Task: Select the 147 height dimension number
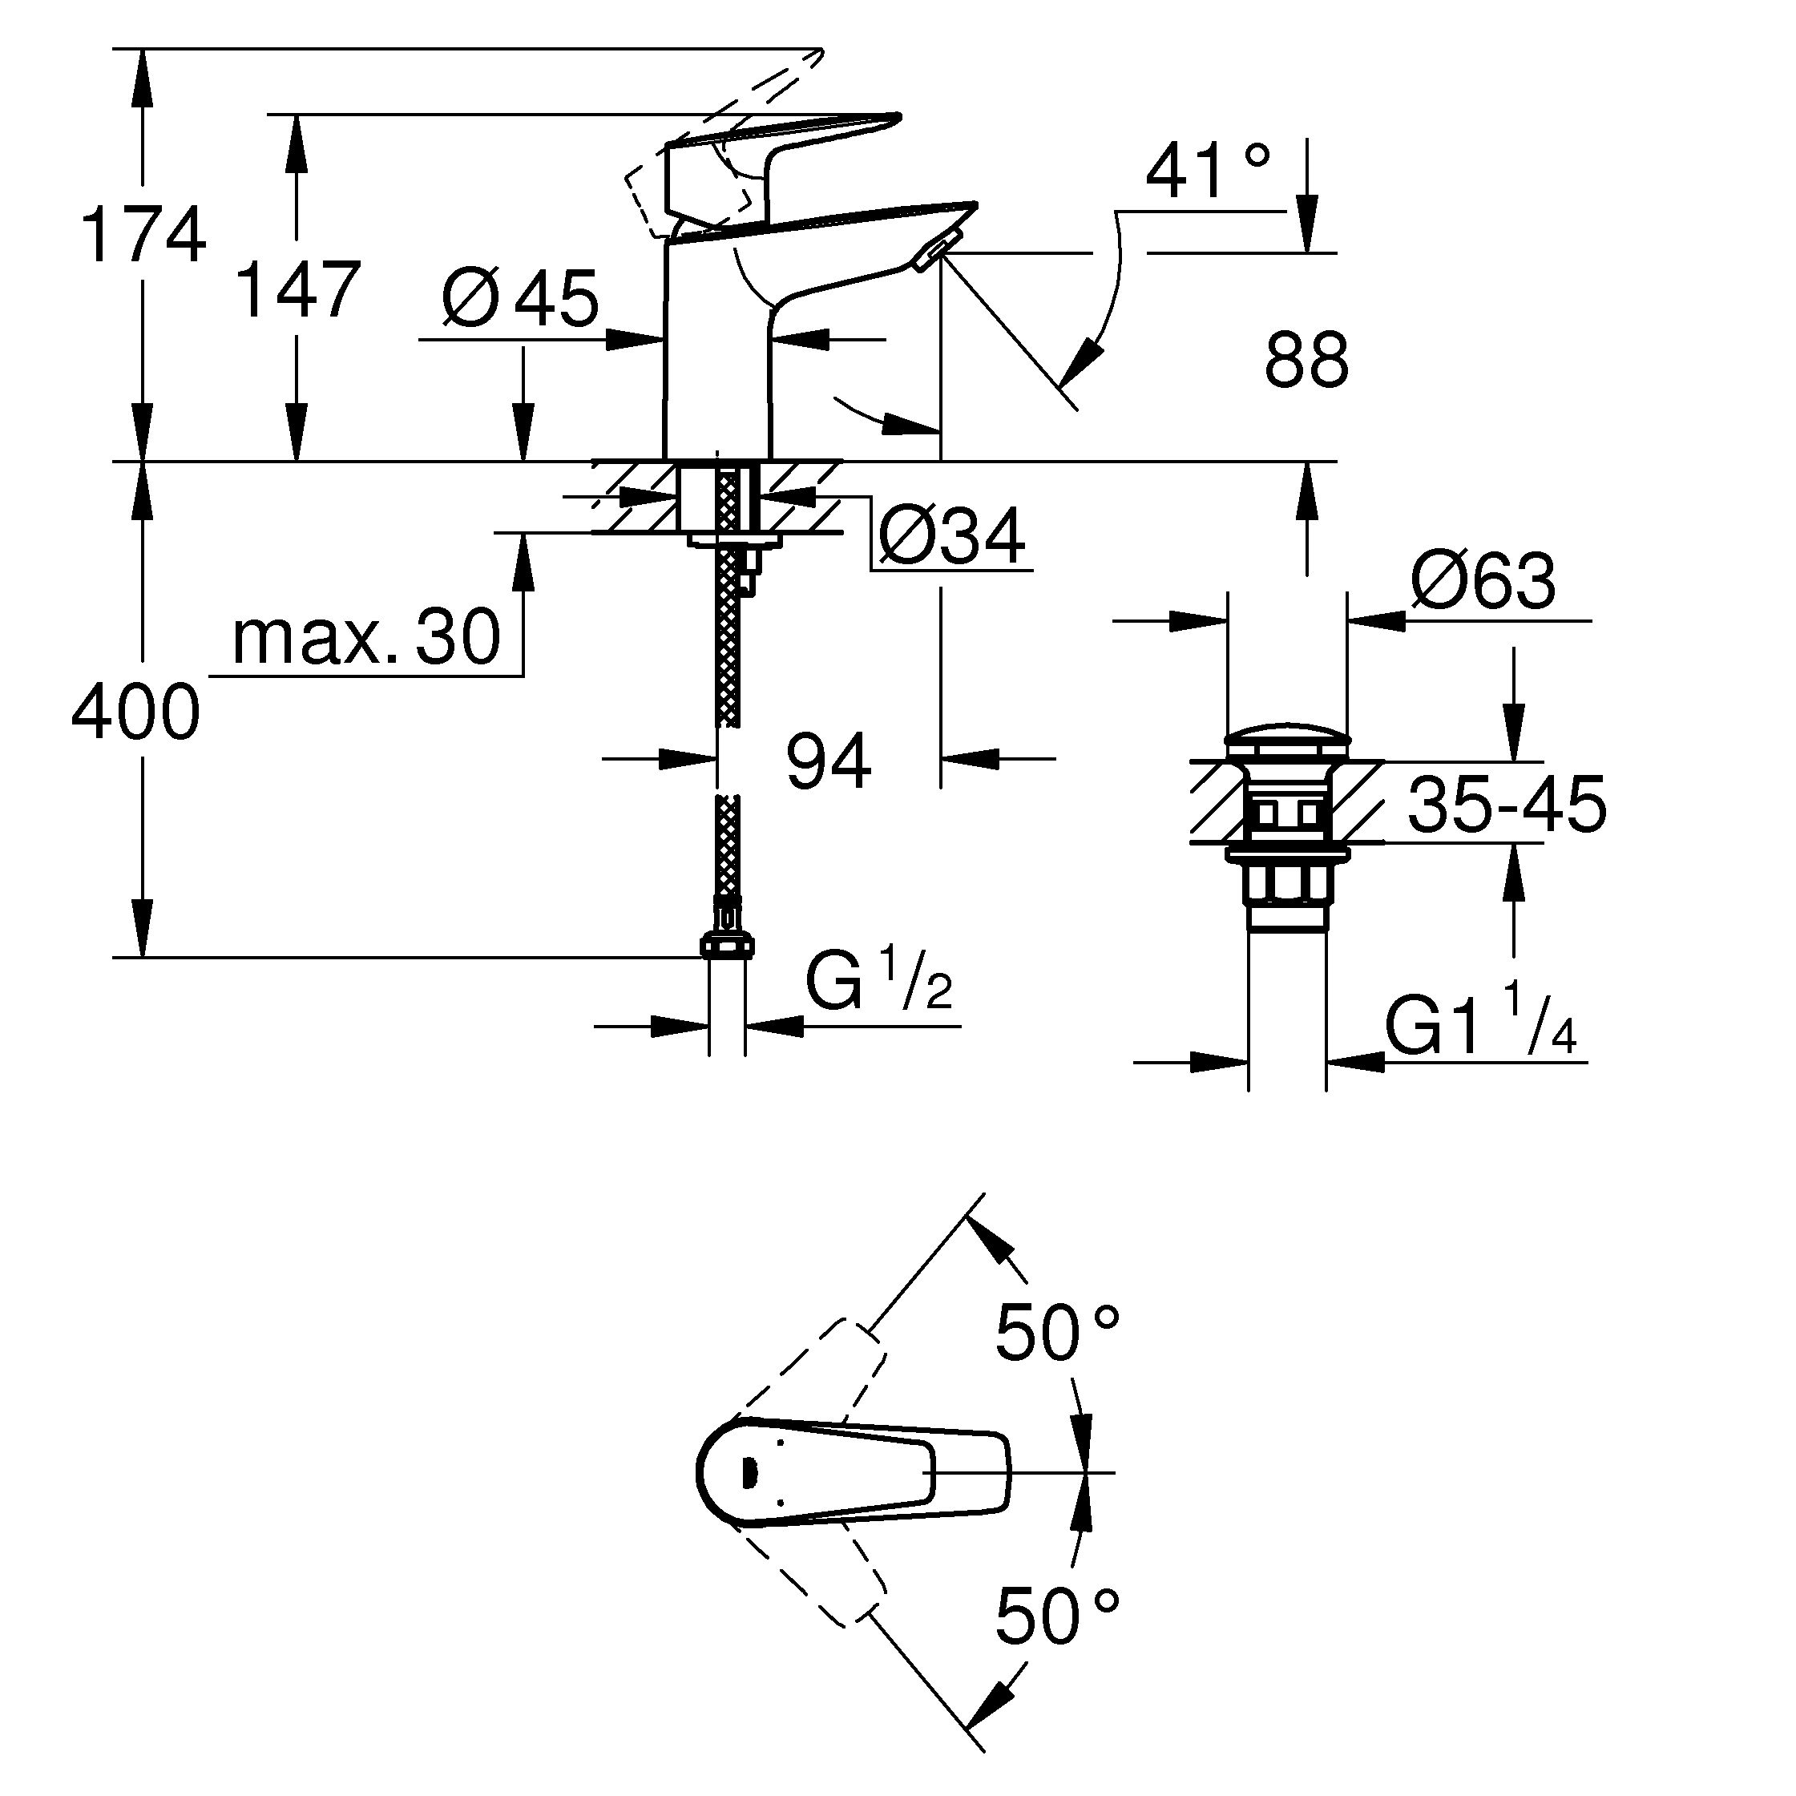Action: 297,290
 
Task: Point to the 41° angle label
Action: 1208,173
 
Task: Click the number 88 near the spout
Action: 1306,361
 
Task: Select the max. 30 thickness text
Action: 366,639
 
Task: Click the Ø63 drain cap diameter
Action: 1482,582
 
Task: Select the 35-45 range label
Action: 1506,804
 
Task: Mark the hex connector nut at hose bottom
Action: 727,946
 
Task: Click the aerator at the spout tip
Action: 932,256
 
